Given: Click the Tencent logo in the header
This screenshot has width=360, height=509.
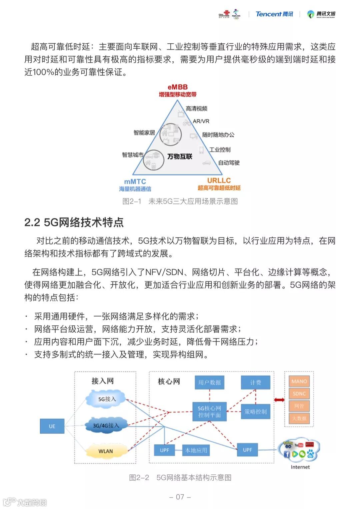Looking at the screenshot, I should (x=274, y=14).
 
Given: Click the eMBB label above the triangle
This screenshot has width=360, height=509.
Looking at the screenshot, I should (x=177, y=87).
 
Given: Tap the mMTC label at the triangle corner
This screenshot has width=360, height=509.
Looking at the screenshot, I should (x=135, y=182).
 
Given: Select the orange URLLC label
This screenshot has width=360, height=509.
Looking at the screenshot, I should (x=219, y=181).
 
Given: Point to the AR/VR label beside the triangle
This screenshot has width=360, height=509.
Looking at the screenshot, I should (x=201, y=121).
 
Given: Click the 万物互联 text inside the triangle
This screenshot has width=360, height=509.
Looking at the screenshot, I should (x=180, y=156).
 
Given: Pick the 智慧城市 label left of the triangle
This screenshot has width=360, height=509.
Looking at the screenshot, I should (x=132, y=155).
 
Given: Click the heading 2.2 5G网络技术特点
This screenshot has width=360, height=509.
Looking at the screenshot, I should (x=74, y=222).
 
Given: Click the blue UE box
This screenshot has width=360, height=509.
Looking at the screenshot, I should (x=52, y=426).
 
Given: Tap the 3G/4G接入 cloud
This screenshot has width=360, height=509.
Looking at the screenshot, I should (x=106, y=425).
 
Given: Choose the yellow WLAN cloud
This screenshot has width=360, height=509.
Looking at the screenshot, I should (x=106, y=451).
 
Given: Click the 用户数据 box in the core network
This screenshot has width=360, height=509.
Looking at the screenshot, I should (x=209, y=382).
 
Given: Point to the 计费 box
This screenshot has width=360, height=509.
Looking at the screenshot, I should (x=256, y=382).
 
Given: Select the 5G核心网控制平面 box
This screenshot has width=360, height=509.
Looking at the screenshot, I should (x=209, y=411).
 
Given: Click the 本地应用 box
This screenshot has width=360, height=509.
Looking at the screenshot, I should (x=196, y=450).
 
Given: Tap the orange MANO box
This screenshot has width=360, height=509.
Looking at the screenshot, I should (x=299, y=381).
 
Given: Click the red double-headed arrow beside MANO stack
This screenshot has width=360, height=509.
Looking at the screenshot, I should (x=279, y=400).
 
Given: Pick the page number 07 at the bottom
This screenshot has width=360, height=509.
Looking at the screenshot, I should (x=180, y=497).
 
